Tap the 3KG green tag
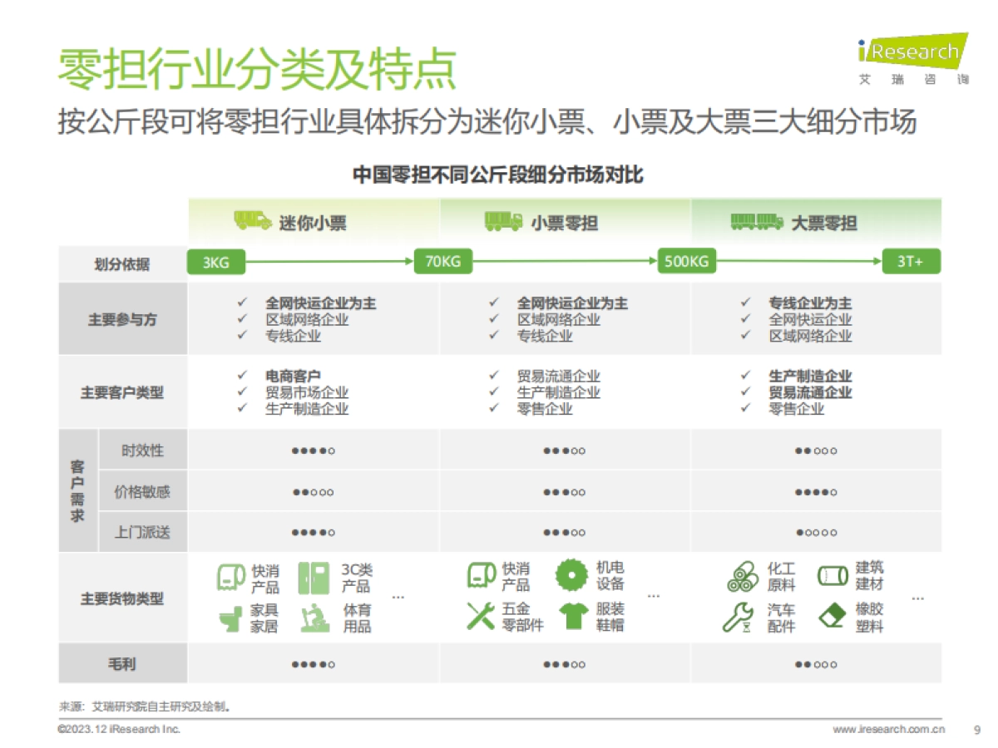pos(215,263)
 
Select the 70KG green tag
pos(442,263)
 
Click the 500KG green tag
pos(687,263)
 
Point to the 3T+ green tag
pos(911,263)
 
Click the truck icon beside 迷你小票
pos(252,221)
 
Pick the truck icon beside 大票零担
pos(756,221)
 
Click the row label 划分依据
pos(122,264)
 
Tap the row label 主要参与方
pos(122,319)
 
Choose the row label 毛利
pos(122,664)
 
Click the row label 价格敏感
pos(142,492)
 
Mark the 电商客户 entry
pos(293,376)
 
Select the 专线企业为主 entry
pos(810,303)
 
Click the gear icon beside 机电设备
pos(572,574)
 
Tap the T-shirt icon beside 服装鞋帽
pos(573,616)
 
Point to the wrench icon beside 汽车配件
pos(737,617)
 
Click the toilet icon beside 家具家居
pos(230,618)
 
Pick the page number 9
pos(976,730)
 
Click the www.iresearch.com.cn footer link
pos(888,730)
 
